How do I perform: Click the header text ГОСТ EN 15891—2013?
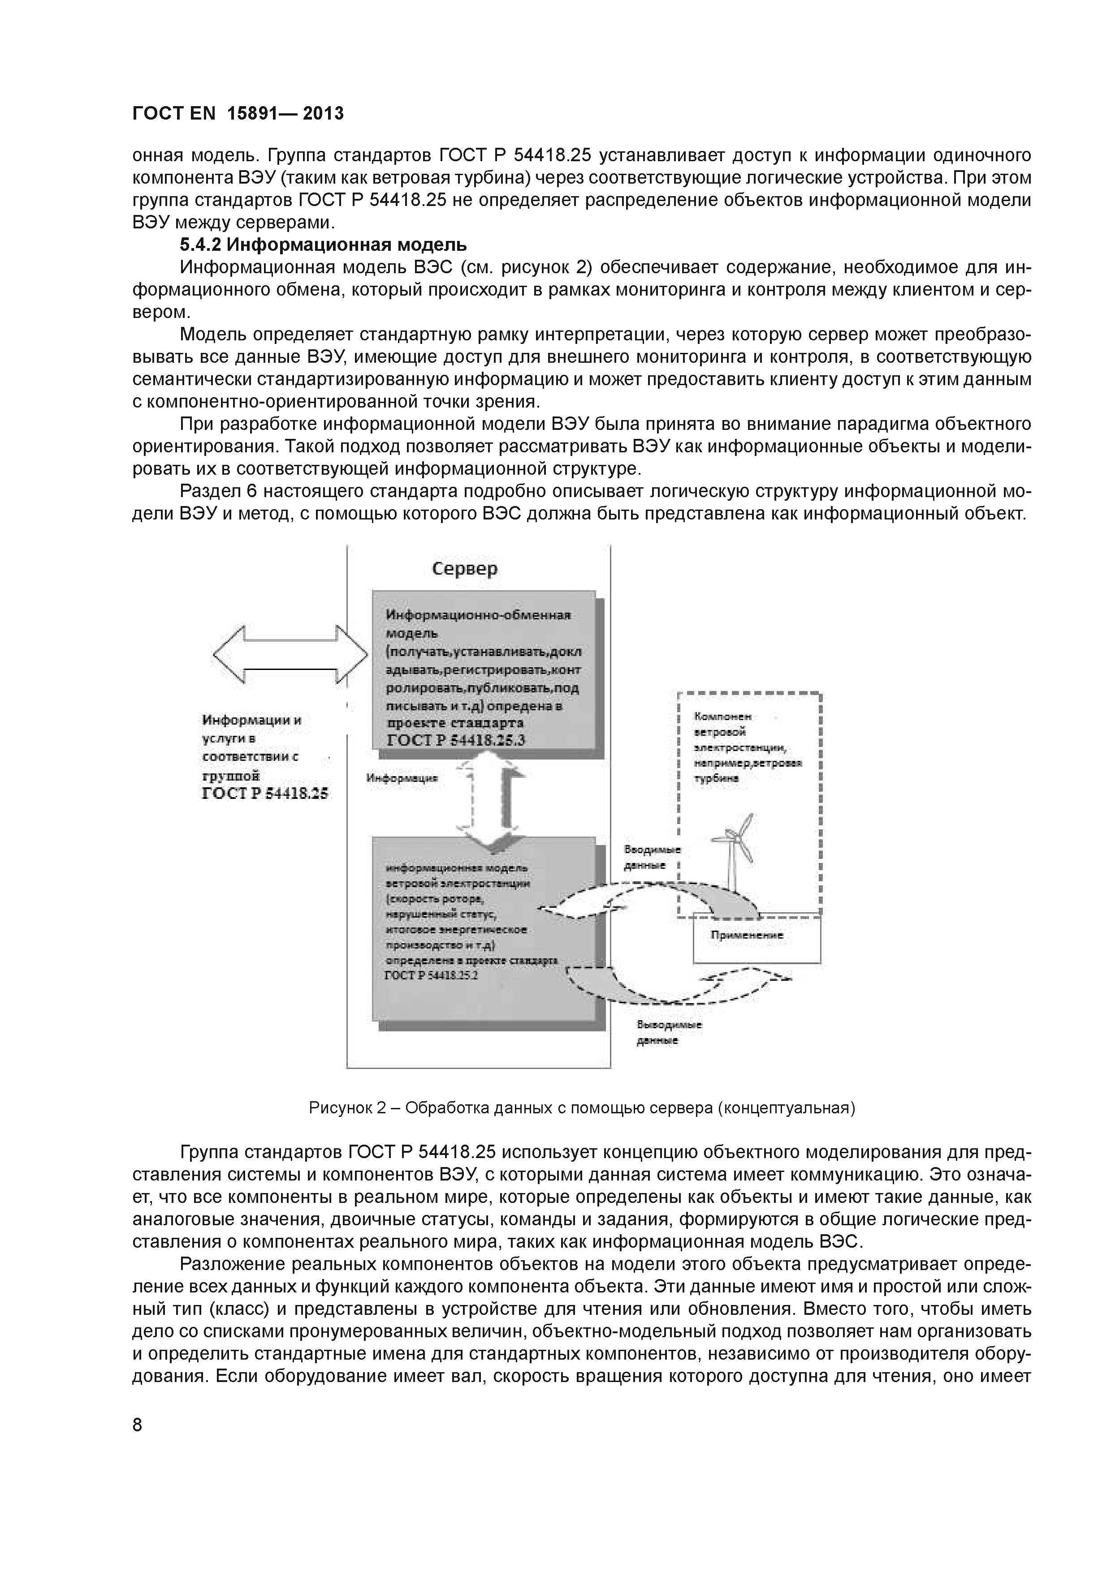click(x=238, y=114)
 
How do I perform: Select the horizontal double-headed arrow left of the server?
click(x=290, y=653)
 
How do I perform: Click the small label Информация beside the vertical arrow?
click(x=402, y=778)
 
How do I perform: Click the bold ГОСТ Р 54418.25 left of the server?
click(x=265, y=793)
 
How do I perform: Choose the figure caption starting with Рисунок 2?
click(x=582, y=1108)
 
